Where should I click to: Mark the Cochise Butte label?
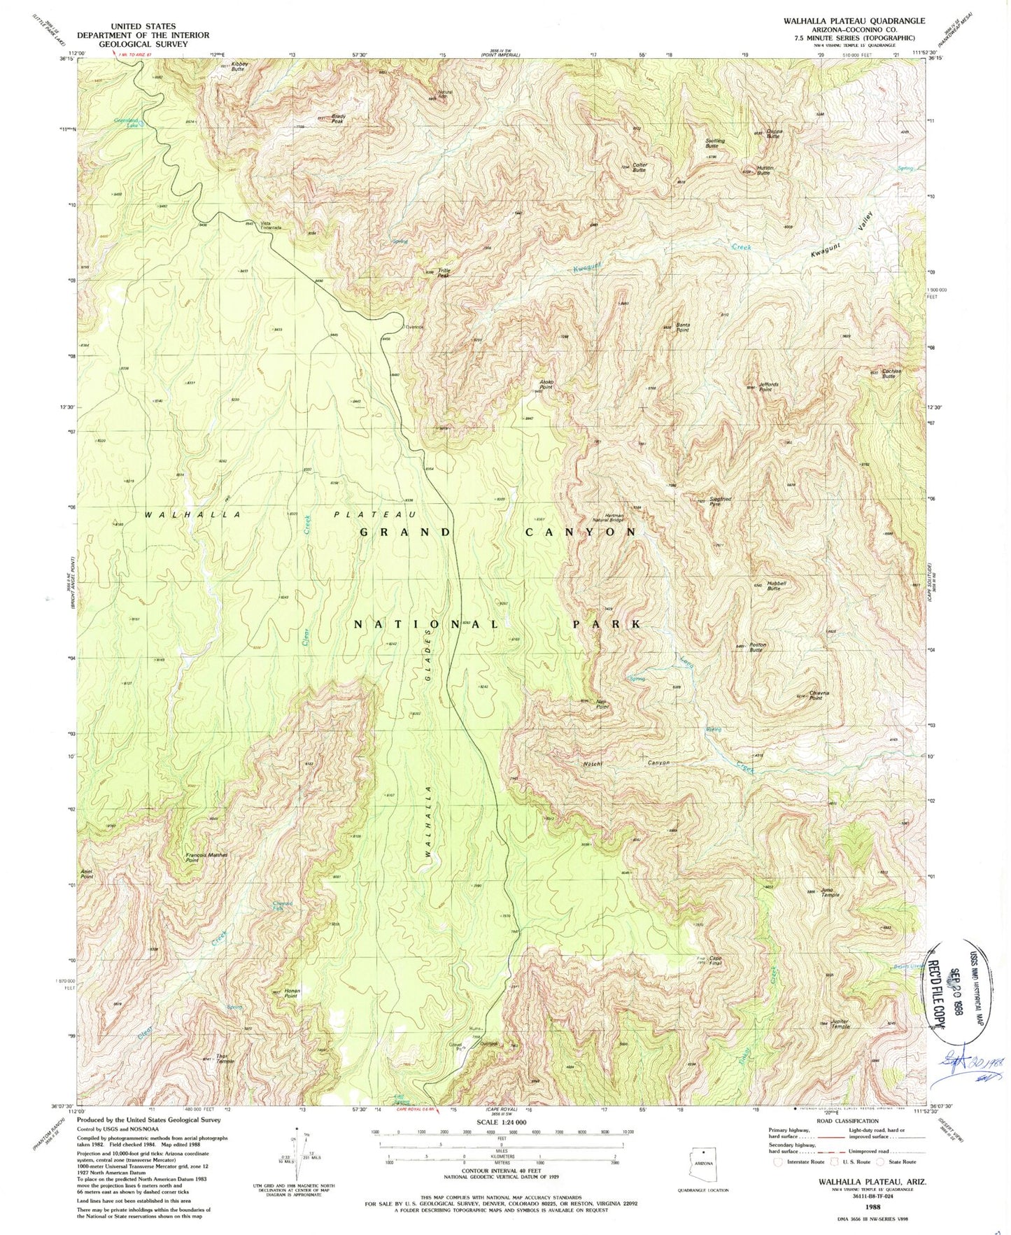point(889,374)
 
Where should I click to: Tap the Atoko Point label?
point(546,384)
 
